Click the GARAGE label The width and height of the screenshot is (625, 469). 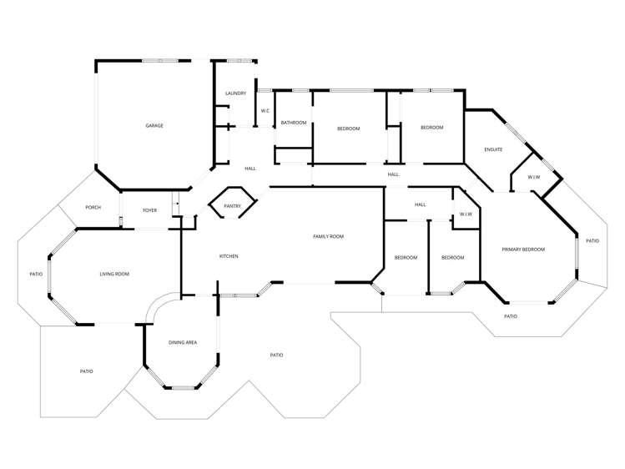pyautogui.click(x=154, y=126)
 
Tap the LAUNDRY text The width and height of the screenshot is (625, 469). pyautogui.click(x=236, y=93)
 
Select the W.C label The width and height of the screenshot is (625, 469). pyautogui.click(x=265, y=111)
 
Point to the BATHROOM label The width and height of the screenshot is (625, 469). pyautogui.click(x=294, y=124)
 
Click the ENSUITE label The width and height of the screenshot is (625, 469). pyautogui.click(x=493, y=149)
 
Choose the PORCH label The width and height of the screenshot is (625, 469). pyautogui.click(x=93, y=207)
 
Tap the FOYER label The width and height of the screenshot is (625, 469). pyautogui.click(x=150, y=210)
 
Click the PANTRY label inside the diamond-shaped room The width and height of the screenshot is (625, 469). pyautogui.click(x=232, y=205)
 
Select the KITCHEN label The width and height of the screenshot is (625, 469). pyautogui.click(x=229, y=256)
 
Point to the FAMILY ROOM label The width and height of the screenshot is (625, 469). pyautogui.click(x=328, y=237)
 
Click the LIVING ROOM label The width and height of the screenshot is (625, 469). pyautogui.click(x=114, y=274)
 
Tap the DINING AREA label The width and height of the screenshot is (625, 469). pyautogui.click(x=183, y=342)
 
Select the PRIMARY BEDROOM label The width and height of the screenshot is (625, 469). pyautogui.click(x=523, y=250)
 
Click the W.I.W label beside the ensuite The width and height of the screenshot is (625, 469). pyautogui.click(x=534, y=177)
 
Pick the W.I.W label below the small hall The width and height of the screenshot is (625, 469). pyautogui.click(x=466, y=214)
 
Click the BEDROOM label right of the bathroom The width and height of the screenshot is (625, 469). pyautogui.click(x=348, y=129)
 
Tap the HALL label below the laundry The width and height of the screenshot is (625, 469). pyautogui.click(x=250, y=169)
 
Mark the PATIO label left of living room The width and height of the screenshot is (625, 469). pyautogui.click(x=36, y=274)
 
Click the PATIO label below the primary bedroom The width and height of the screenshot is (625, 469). pyautogui.click(x=511, y=316)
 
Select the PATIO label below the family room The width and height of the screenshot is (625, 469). pyautogui.click(x=277, y=356)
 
